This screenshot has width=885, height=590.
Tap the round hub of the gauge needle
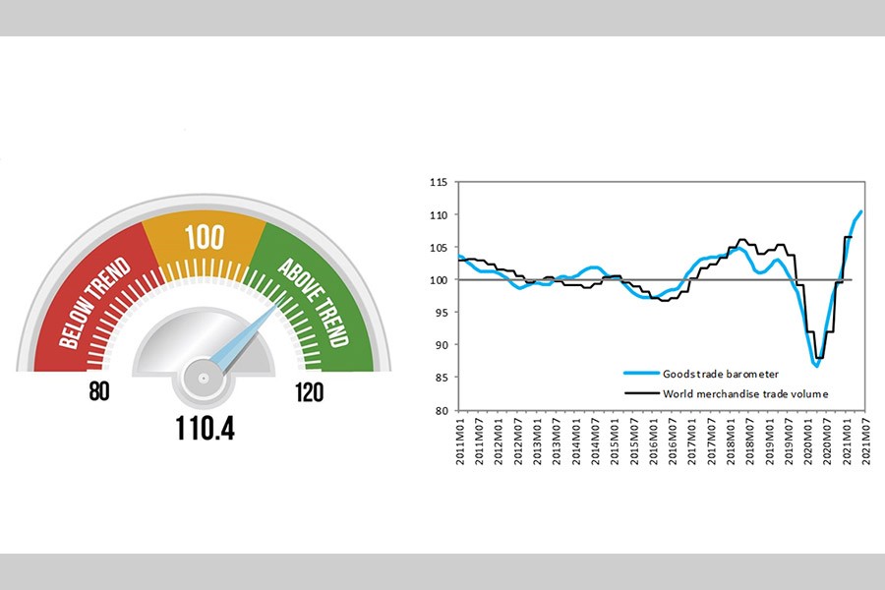point(203,377)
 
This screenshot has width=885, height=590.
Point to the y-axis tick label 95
point(441,313)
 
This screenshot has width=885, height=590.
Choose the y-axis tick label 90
point(441,345)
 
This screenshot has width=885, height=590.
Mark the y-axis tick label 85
point(441,378)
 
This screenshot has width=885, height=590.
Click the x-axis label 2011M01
point(460,439)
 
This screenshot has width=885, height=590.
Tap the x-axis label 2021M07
point(864,439)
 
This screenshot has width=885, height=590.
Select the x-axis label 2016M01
point(653,439)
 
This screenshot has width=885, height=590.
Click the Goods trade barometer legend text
point(722,374)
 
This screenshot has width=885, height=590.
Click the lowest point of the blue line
point(816,366)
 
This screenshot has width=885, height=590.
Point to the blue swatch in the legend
point(640,374)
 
